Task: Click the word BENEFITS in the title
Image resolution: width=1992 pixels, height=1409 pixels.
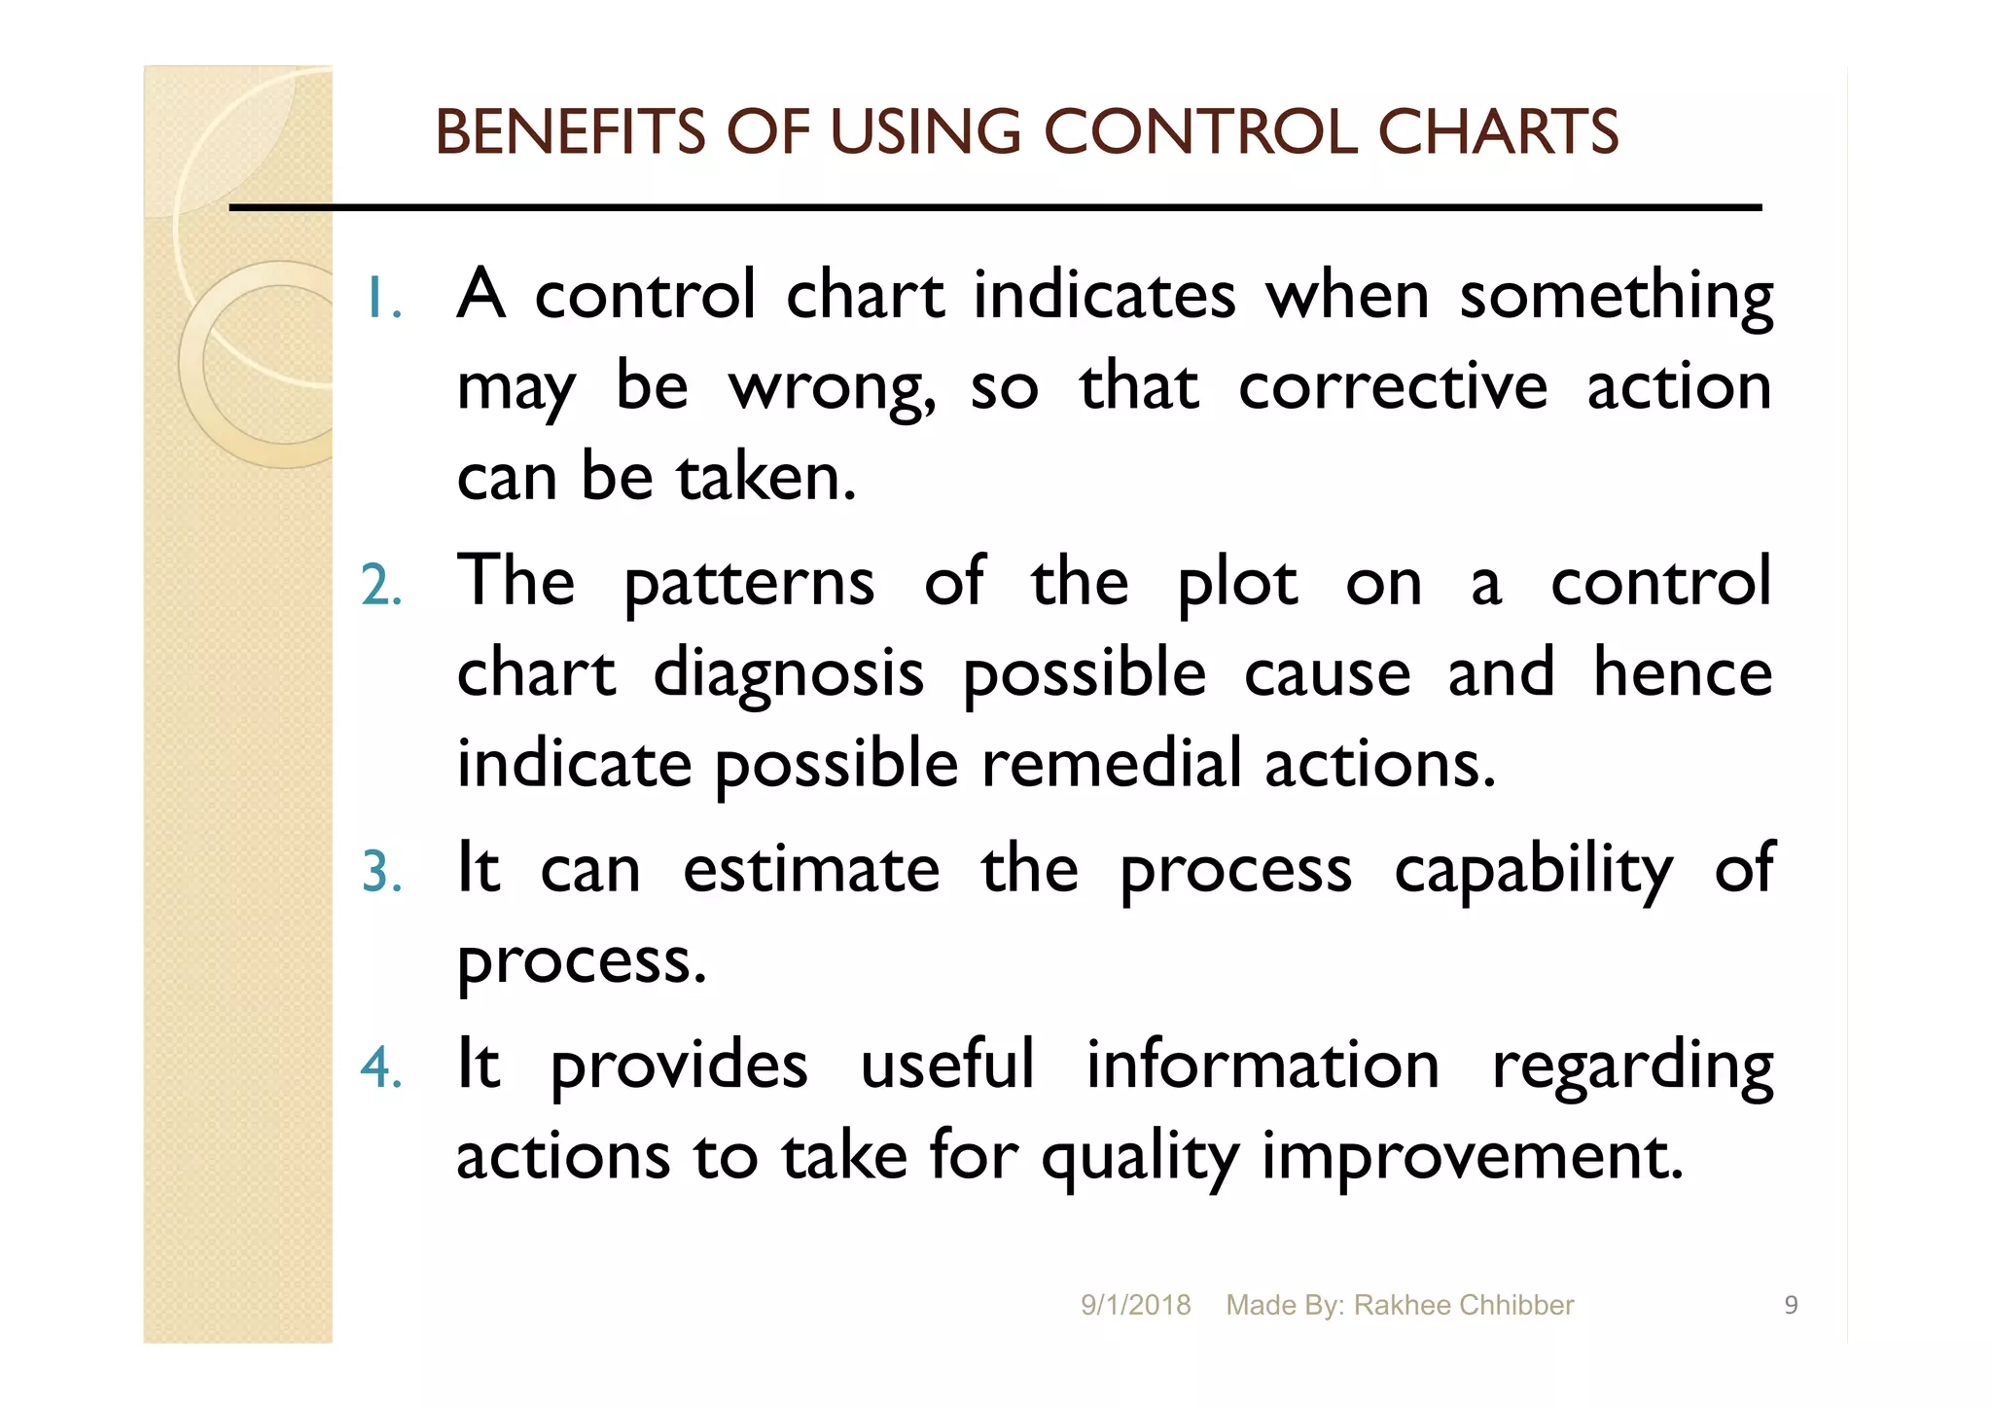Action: [570, 132]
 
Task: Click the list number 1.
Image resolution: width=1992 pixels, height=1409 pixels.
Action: [381, 299]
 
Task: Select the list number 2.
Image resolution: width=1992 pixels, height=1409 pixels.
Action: [381, 586]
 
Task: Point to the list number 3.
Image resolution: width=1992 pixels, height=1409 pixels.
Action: [381, 872]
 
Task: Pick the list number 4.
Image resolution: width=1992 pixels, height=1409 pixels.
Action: [381, 1067]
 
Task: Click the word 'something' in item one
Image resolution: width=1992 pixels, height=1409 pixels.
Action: [1616, 296]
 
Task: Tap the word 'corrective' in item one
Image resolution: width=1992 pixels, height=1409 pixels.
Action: [1392, 387]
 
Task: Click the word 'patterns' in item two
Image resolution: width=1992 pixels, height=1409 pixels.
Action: [749, 583]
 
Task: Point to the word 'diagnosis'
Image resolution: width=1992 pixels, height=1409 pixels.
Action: [788, 673]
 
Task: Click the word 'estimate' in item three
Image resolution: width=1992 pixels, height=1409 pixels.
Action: [811, 869]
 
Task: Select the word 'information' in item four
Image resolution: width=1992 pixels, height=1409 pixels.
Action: [1263, 1065]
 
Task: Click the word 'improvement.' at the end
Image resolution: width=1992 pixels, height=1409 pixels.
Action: [1472, 1157]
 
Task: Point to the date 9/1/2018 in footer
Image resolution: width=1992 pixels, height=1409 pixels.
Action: [1135, 1305]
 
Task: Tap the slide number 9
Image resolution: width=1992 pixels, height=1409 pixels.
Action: [1791, 1305]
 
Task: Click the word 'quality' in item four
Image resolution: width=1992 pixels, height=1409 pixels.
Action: [1140, 1157]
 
